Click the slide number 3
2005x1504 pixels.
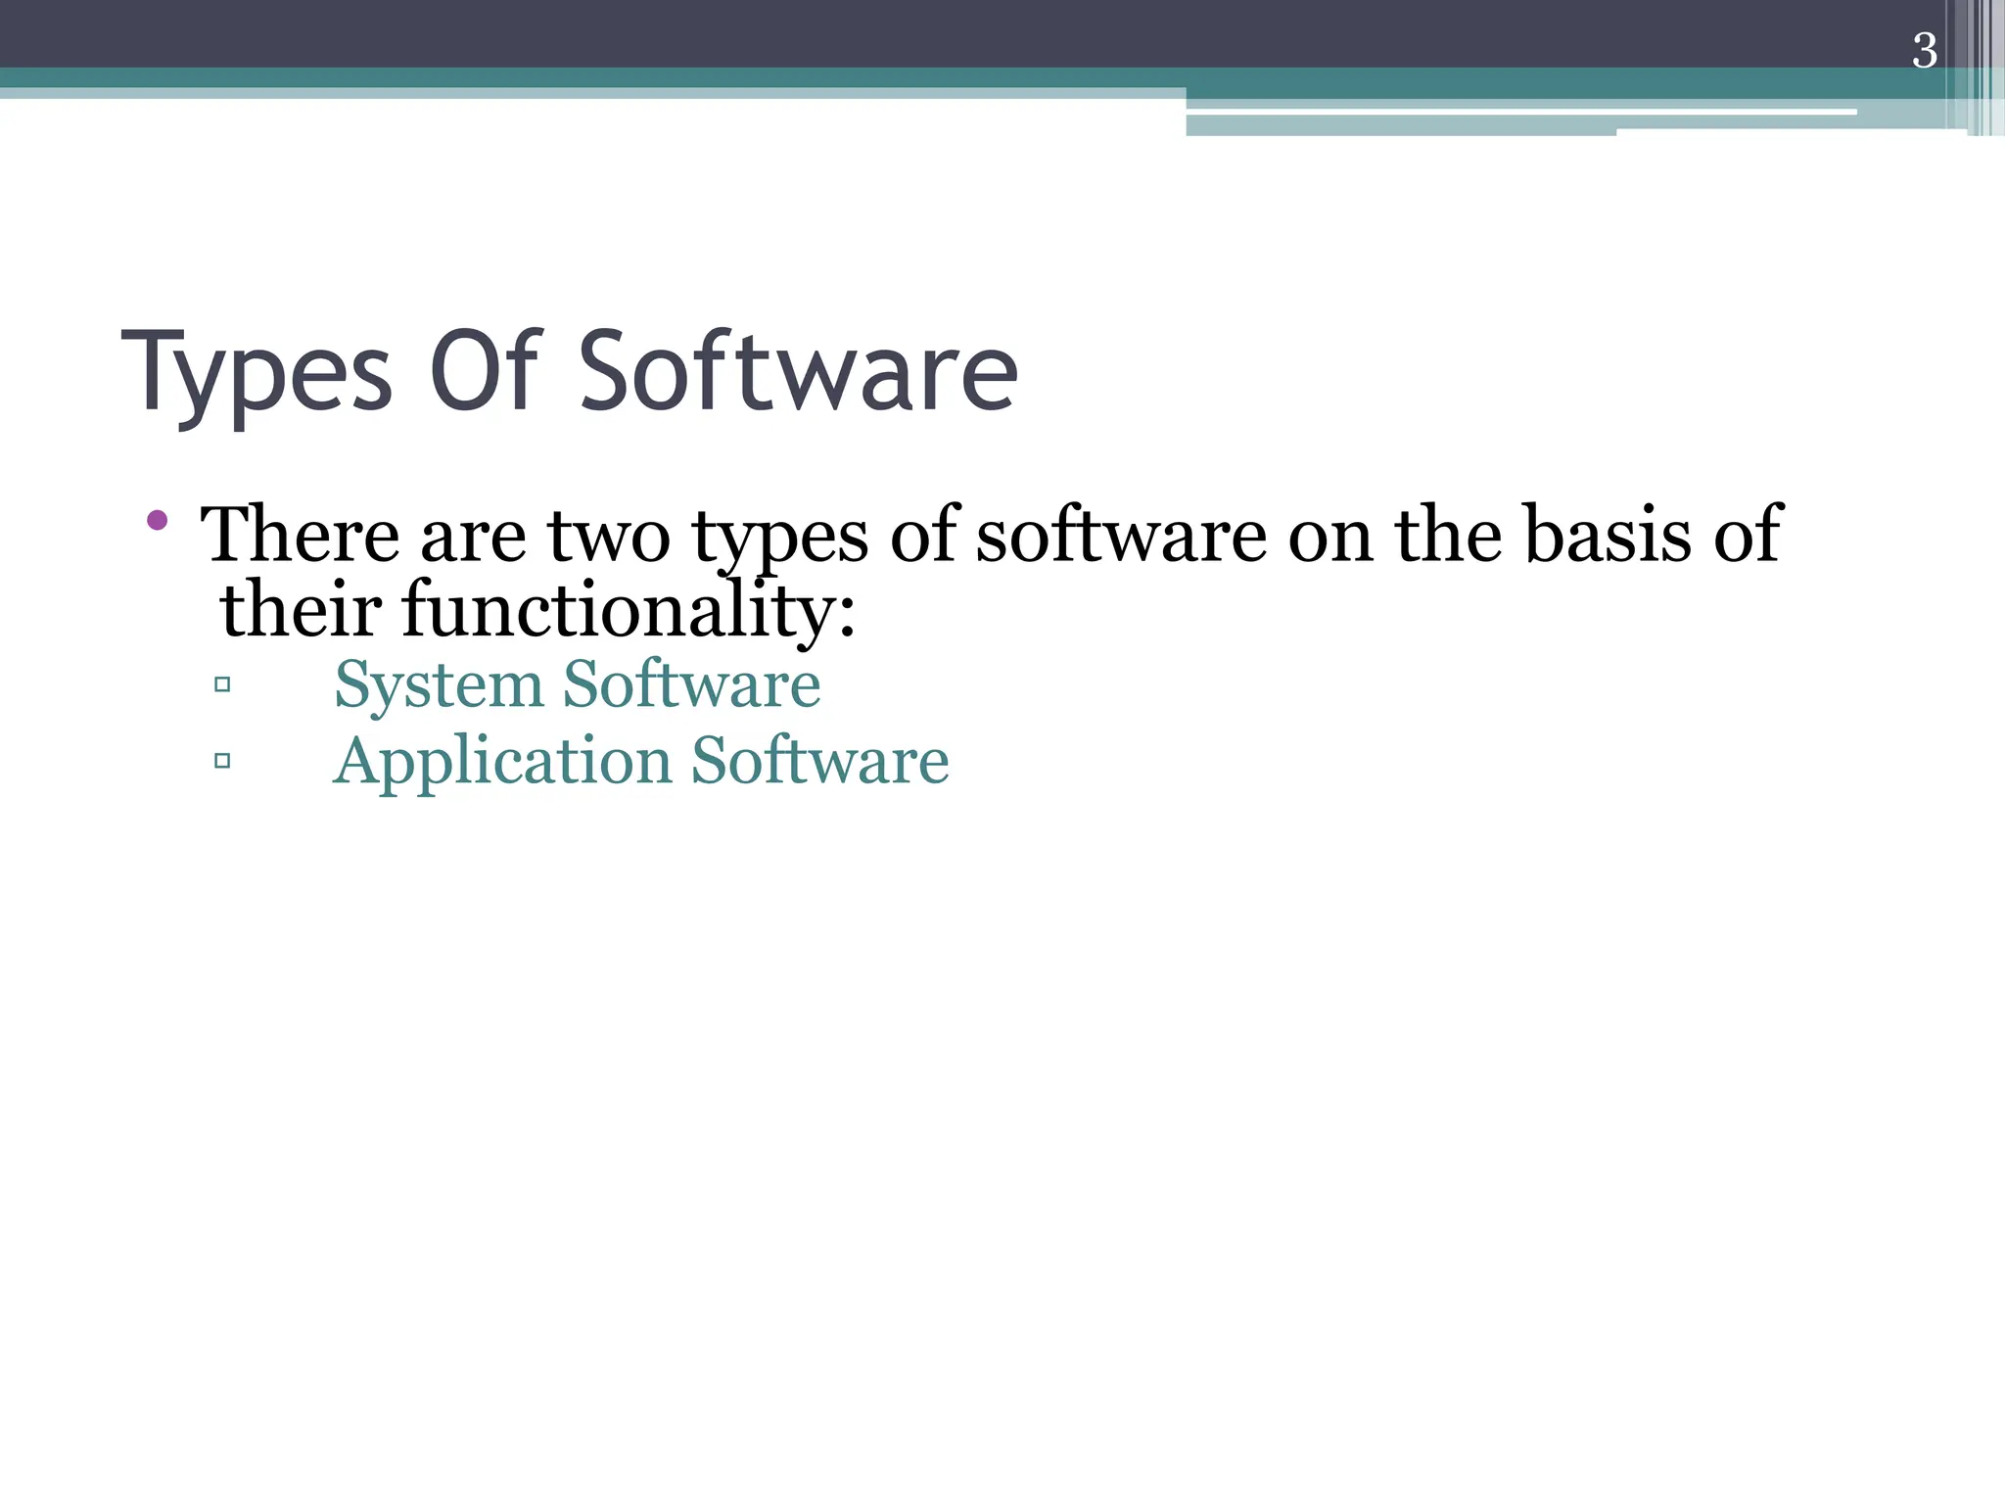coord(1924,51)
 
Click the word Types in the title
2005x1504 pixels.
coord(256,375)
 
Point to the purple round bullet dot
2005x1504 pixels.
coord(157,520)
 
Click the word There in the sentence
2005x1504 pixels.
coord(300,536)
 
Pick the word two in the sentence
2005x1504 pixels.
coord(608,536)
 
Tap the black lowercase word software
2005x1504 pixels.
coord(1121,536)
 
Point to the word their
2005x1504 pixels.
coord(301,610)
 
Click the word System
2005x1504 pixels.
coord(438,685)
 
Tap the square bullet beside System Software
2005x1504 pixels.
coord(222,684)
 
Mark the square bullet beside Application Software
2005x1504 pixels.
coord(222,760)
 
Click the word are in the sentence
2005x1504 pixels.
coord(473,538)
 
